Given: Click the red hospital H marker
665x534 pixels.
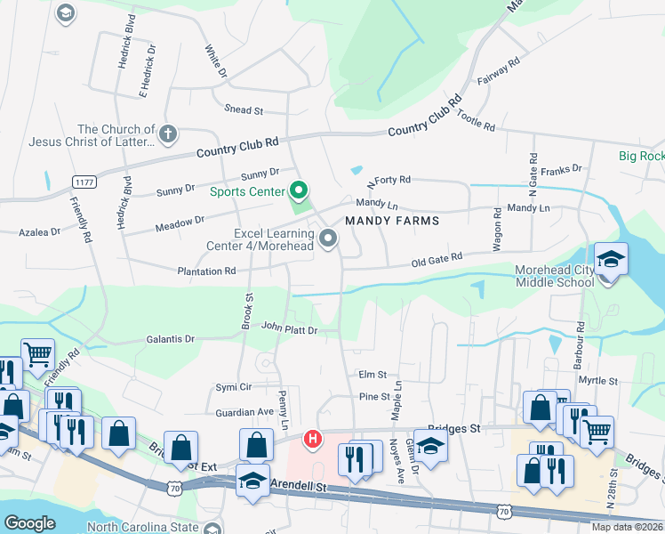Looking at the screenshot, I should pos(313,438).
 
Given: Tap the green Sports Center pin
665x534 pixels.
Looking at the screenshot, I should pos(300,190).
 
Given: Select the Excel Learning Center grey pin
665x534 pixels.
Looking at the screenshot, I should pos(329,238).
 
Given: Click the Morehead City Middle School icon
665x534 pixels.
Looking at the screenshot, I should pos(611,261).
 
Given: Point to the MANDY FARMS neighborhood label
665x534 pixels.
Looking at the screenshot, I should pos(392,221).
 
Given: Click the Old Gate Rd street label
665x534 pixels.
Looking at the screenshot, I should pos(437,258).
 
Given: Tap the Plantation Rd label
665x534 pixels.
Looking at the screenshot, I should pos(206,271).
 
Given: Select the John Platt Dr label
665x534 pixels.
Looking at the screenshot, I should pos(289,329).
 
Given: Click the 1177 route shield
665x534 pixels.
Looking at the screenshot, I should pos(84,182).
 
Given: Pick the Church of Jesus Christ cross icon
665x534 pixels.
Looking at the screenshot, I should pos(168,134).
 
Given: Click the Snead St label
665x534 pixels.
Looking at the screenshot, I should pos(244,110).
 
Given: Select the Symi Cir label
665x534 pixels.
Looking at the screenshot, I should pos(235,387).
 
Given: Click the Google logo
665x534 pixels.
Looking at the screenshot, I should pos(29,522).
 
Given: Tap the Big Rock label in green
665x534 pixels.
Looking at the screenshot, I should pos(641,157).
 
